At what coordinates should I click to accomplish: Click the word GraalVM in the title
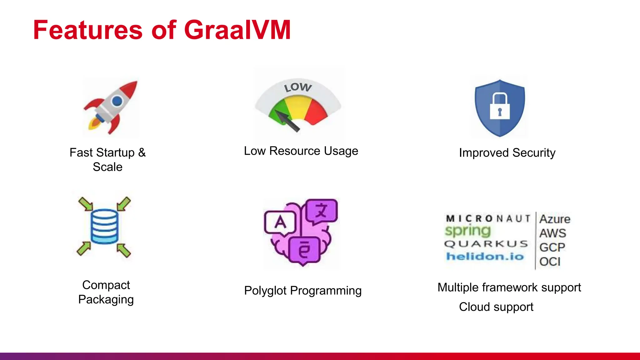pyautogui.click(x=237, y=30)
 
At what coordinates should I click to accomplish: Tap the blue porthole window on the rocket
pyautogui.click(x=117, y=101)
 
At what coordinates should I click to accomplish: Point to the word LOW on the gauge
pyautogui.click(x=297, y=87)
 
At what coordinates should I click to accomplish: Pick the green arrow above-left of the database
pyautogui.click(x=86, y=204)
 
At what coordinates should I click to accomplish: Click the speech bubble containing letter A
pyautogui.click(x=280, y=222)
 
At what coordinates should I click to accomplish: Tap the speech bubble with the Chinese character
pyautogui.click(x=322, y=211)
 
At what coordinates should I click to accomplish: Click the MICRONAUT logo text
pyautogui.click(x=488, y=218)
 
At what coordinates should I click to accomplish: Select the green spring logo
pyautogui.click(x=468, y=231)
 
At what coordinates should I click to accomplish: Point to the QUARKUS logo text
pyautogui.click(x=486, y=244)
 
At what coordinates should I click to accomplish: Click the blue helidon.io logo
pyautogui.click(x=485, y=257)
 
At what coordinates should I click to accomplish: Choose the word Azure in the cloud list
pyautogui.click(x=555, y=219)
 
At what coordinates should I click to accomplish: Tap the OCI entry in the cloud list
pyautogui.click(x=550, y=262)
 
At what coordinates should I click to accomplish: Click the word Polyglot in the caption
pyautogui.click(x=265, y=291)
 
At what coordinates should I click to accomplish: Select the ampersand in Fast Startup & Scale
pyautogui.click(x=142, y=152)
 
